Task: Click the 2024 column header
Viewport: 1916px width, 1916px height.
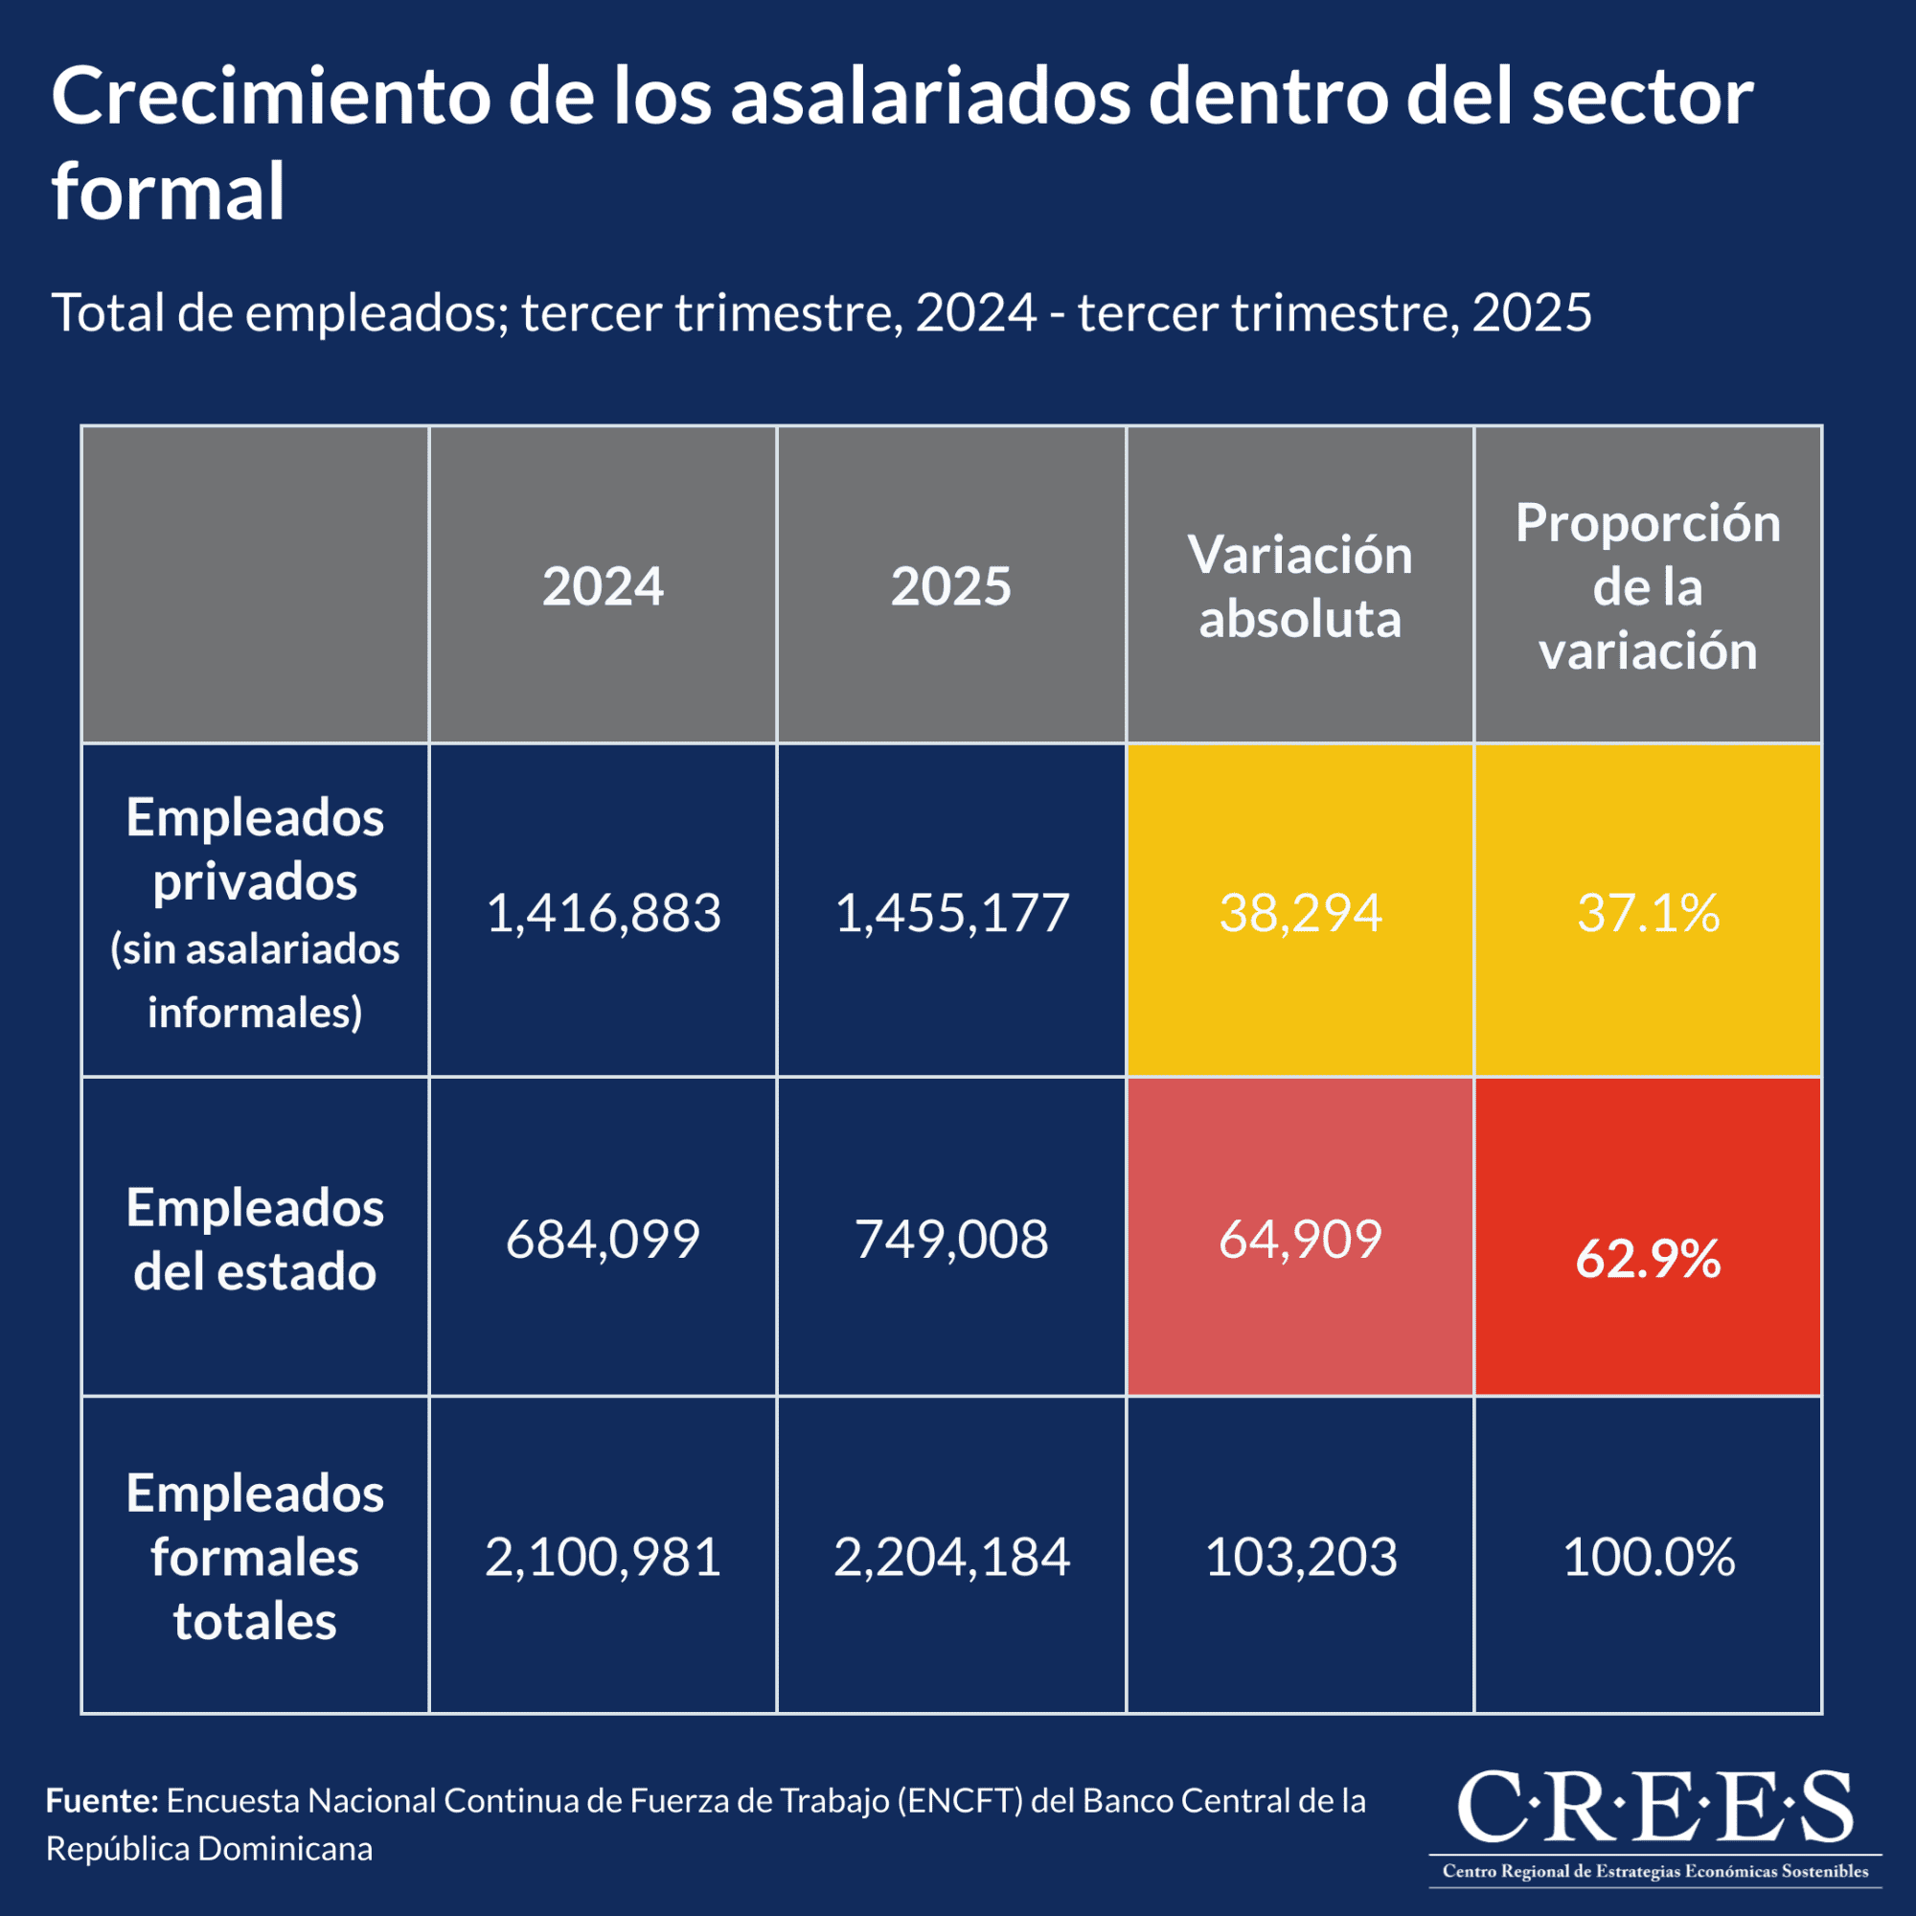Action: pyautogui.click(x=603, y=586)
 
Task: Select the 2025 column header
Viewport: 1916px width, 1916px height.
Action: pyautogui.click(x=951, y=586)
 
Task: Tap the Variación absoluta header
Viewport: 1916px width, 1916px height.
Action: pyautogui.click(x=1299, y=586)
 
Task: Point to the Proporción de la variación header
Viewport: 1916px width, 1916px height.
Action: pyautogui.click(x=1647, y=586)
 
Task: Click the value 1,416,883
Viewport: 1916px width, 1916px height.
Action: pyautogui.click(x=603, y=912)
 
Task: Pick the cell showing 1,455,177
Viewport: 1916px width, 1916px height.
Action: pyautogui.click(x=951, y=912)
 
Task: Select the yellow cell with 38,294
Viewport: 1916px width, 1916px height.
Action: pyautogui.click(x=1299, y=912)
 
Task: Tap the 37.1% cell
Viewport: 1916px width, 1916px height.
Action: pyautogui.click(x=1647, y=912)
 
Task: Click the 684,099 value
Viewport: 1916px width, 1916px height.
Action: pyautogui.click(x=603, y=1239)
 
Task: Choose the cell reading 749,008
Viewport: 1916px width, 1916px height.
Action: pyautogui.click(x=951, y=1239)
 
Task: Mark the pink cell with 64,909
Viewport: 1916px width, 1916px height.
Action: pyautogui.click(x=1299, y=1239)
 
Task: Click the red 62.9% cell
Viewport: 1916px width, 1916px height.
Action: pyautogui.click(x=1647, y=1259)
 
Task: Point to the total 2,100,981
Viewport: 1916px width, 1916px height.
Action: pyautogui.click(x=603, y=1557)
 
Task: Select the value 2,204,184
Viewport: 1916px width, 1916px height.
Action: pyautogui.click(x=951, y=1557)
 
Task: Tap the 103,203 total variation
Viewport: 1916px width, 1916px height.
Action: pyautogui.click(x=1299, y=1557)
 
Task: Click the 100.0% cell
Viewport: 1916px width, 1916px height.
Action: pyautogui.click(x=1647, y=1557)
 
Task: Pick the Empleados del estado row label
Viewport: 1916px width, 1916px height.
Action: pyautogui.click(x=255, y=1240)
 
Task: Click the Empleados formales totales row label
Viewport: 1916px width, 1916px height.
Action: pyautogui.click(x=255, y=1557)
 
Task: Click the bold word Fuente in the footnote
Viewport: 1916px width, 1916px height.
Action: pyautogui.click(x=102, y=1800)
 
